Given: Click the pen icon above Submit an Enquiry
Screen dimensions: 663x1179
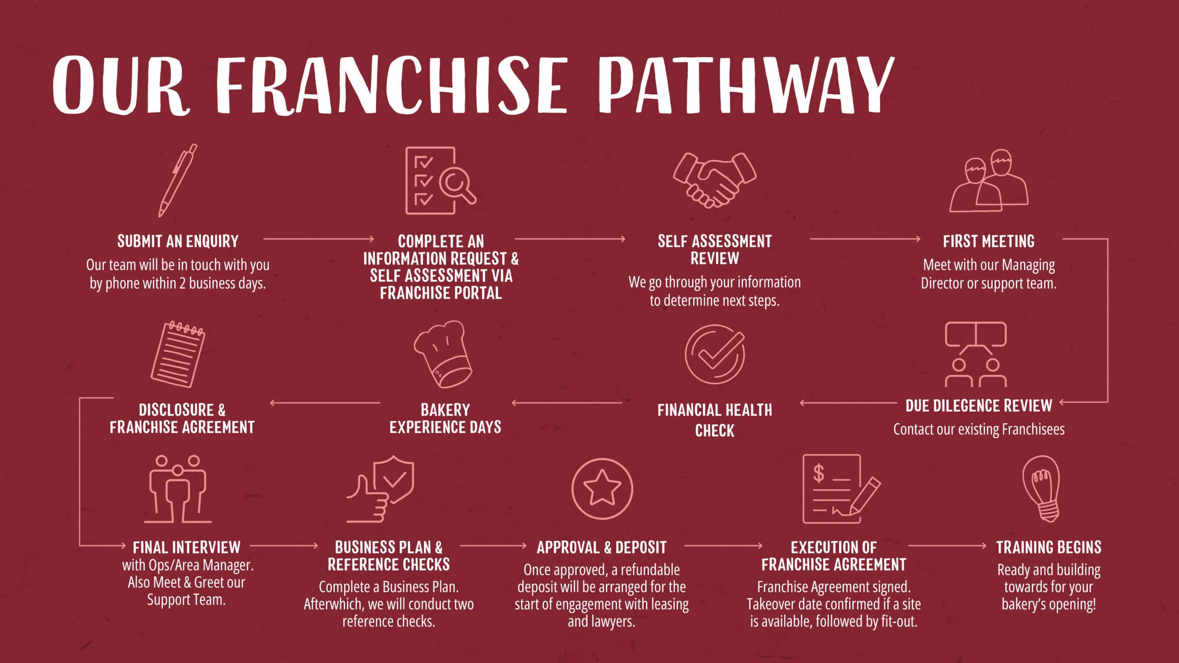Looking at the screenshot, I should tap(177, 180).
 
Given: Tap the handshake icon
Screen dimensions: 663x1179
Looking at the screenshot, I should tap(714, 180).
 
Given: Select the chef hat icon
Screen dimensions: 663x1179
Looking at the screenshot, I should tap(443, 354).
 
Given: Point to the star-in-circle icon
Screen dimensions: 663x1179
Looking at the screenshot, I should tap(602, 489).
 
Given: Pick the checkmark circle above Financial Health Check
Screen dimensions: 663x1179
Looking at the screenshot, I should tap(714, 354).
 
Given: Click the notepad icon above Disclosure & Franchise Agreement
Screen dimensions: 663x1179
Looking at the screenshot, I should tap(178, 354).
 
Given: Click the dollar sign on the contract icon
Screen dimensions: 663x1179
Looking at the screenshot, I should tap(818, 473).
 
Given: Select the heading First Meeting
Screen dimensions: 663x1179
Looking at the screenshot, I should tap(988, 241).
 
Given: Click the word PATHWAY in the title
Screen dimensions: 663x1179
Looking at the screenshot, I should tap(747, 85).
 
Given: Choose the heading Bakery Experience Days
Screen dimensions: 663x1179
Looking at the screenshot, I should tap(445, 419).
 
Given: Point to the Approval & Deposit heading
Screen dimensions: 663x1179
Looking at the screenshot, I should tap(601, 547).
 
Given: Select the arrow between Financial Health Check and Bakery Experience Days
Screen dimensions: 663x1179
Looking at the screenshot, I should tap(566, 403).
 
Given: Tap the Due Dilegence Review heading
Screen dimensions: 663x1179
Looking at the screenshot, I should tap(979, 406).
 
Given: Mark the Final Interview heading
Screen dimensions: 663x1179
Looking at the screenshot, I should tap(187, 547).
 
